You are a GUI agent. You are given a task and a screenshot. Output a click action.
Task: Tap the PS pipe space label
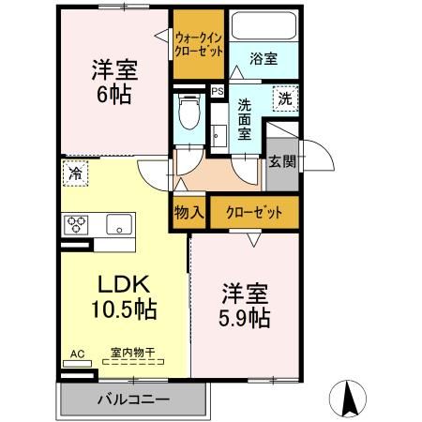(218, 92)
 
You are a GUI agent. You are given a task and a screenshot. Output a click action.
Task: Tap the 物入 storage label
(189, 212)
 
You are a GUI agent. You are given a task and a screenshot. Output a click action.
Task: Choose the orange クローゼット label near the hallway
(254, 212)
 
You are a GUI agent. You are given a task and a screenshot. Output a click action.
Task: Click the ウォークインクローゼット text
(199, 44)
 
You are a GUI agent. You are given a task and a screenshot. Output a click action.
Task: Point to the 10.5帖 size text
(122, 309)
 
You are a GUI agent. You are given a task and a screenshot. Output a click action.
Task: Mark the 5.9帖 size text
(247, 319)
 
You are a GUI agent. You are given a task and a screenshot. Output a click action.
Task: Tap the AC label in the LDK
(77, 354)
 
